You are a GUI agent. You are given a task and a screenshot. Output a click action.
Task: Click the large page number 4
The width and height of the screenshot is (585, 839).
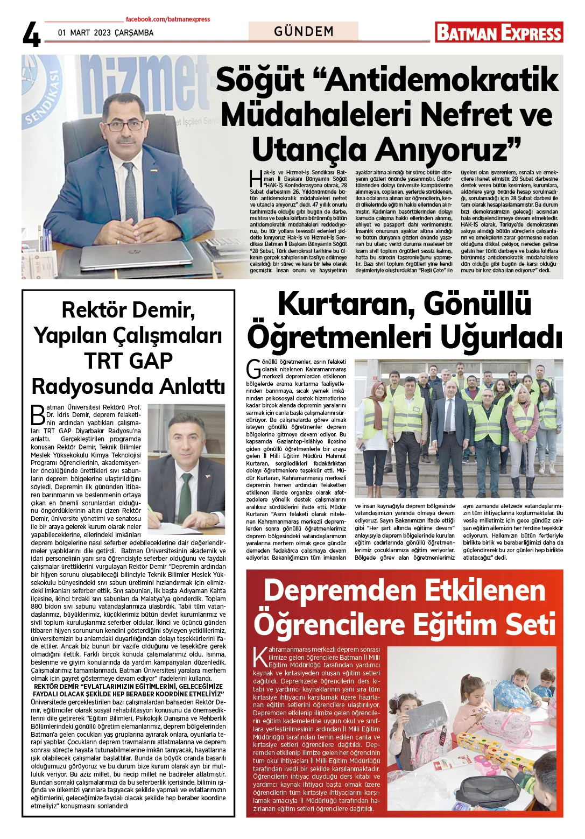(31, 34)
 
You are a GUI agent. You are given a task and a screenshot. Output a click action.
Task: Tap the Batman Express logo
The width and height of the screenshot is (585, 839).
(499, 32)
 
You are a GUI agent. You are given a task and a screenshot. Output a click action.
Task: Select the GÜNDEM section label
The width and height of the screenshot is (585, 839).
(304, 32)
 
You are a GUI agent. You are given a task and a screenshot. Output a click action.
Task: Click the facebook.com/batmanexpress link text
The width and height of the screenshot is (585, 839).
(168, 19)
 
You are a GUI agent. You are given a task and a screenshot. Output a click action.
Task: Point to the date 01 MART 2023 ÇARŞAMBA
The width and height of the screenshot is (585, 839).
(105, 33)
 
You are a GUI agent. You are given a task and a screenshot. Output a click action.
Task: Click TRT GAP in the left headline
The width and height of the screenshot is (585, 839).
(128, 361)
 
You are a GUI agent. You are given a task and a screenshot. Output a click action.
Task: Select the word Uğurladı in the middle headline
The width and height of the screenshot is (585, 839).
(501, 337)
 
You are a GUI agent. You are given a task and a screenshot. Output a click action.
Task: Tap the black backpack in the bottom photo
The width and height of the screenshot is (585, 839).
(490, 791)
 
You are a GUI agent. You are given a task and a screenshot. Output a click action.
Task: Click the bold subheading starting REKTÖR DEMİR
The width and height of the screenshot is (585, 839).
(128, 690)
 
